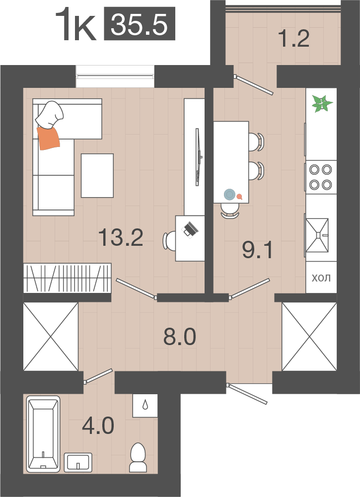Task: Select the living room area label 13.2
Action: coord(121,237)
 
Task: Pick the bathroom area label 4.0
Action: coord(98,426)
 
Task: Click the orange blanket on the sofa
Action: coord(49,138)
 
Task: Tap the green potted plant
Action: coord(322,104)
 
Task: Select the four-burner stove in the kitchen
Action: coord(321,177)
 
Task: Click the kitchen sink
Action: coord(317,235)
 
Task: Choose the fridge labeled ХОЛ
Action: coord(321,278)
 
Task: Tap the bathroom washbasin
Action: coord(78,462)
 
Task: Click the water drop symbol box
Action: coord(145,406)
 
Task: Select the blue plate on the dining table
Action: coord(229,194)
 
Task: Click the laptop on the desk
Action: coord(190,229)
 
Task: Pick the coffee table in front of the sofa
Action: coord(97,175)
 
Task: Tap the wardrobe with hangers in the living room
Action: coord(68,278)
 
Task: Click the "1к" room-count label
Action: coord(75,25)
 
